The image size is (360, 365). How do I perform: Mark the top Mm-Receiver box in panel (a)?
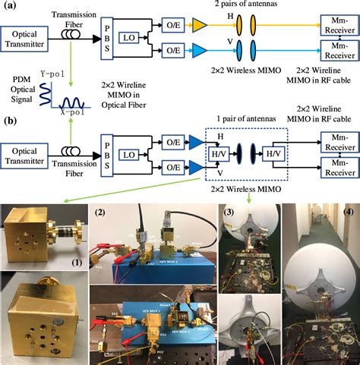(x=332, y=27)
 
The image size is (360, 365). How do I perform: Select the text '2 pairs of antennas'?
(x=237, y=5)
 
